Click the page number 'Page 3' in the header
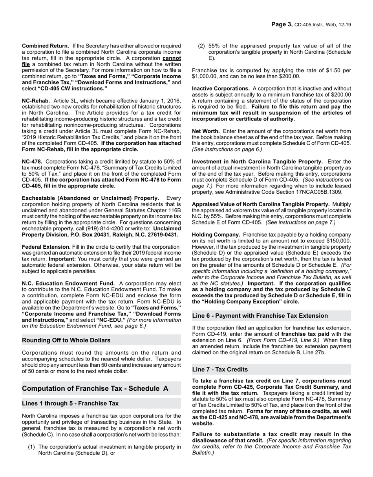[282, 24]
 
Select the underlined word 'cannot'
[172, 58]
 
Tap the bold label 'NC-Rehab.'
[36, 101]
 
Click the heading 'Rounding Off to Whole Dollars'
[66, 340]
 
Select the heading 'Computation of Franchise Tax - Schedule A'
[95, 388]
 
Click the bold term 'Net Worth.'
[206, 131]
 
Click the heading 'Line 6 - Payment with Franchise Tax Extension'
[260, 316]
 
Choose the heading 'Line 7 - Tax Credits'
[220, 370]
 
